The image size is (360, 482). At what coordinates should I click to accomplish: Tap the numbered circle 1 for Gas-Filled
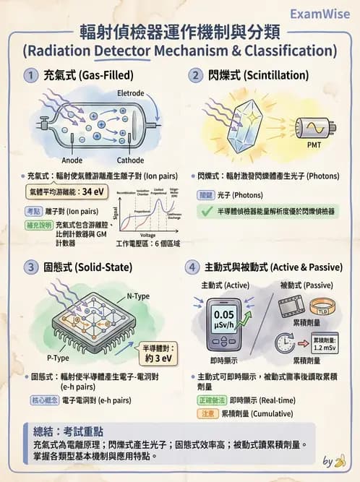[x=30, y=74]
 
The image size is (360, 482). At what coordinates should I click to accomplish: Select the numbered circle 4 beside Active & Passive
[x=194, y=267]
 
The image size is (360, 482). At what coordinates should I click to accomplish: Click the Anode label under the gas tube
[x=72, y=160]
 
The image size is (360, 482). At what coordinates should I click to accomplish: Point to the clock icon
[x=286, y=343]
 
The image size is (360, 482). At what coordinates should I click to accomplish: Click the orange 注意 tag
[x=207, y=413]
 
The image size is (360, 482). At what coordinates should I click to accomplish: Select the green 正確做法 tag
[x=211, y=400]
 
